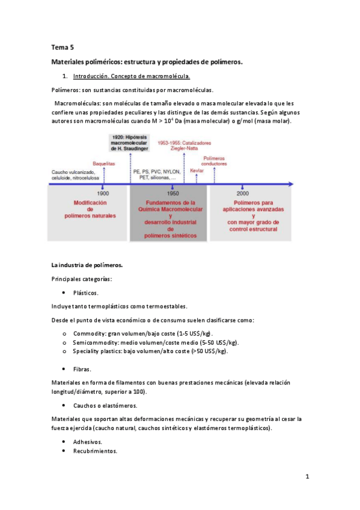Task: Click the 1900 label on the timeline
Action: point(103,194)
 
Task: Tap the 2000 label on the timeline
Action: point(243,194)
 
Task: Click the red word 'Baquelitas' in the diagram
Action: point(103,163)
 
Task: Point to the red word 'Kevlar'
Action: point(197,171)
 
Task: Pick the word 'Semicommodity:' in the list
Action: point(97,342)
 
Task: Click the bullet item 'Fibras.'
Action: point(82,368)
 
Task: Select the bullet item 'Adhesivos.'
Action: point(88,441)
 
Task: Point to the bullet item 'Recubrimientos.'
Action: point(95,450)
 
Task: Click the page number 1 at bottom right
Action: point(307,478)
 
